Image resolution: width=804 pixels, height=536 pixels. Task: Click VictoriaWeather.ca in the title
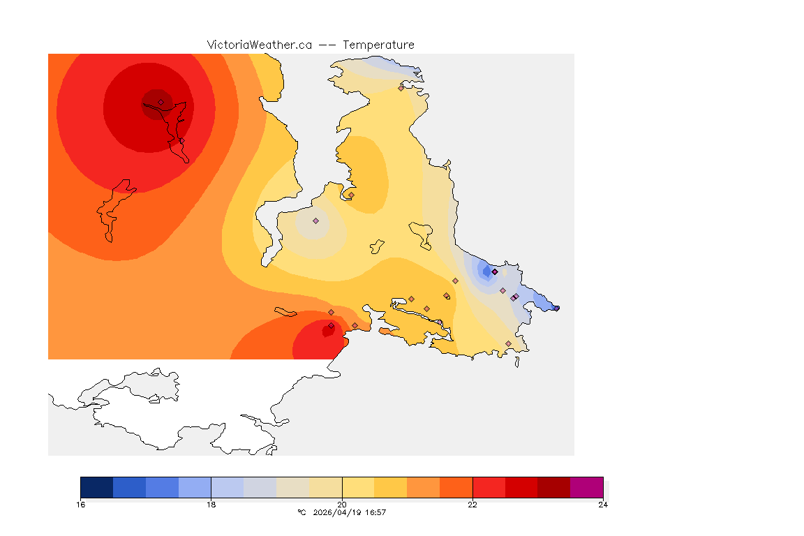click(259, 45)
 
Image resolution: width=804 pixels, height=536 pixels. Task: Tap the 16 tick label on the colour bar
click(81, 505)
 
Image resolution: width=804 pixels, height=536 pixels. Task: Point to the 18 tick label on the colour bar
click(211, 505)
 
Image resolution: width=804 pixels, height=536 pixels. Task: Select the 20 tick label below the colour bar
click(342, 505)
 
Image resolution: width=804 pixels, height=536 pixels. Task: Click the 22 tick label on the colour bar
click(472, 505)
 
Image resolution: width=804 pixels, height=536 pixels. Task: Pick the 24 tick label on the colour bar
click(603, 505)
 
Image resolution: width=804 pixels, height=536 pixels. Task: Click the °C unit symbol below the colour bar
click(301, 513)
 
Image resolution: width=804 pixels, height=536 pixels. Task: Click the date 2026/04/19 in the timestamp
click(339, 513)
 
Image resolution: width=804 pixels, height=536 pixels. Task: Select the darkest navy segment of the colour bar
click(97, 487)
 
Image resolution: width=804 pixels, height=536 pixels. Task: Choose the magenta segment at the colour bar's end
click(586, 487)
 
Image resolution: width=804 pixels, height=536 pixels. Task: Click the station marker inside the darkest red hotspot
click(161, 102)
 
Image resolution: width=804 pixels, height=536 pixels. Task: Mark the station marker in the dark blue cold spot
click(494, 271)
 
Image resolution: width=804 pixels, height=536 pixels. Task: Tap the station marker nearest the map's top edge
click(401, 88)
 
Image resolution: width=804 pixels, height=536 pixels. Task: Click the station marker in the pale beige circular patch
click(315, 221)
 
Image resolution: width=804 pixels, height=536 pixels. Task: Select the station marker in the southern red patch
click(331, 325)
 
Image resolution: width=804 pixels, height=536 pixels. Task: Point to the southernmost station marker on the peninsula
click(508, 343)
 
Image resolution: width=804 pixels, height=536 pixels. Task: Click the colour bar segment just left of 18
click(195, 487)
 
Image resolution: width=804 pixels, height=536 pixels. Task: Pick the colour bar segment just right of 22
click(489, 487)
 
